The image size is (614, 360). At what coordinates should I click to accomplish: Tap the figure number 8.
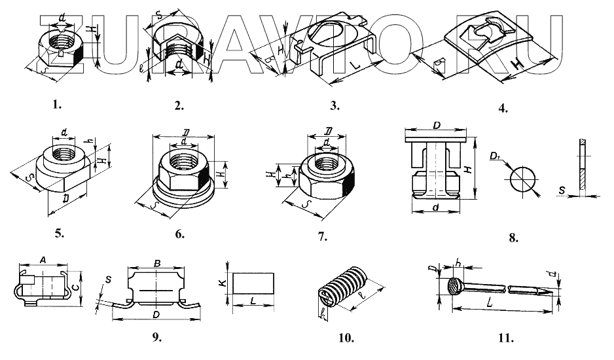pos(513,238)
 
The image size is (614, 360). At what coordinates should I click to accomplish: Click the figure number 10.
pos(346,338)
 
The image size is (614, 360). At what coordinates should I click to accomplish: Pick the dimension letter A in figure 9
pos(44,260)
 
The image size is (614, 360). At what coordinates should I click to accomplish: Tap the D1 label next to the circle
pos(495,157)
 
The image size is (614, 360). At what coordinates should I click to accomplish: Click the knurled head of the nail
pos(453,287)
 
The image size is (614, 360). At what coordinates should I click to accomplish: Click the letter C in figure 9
pos(77,286)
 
